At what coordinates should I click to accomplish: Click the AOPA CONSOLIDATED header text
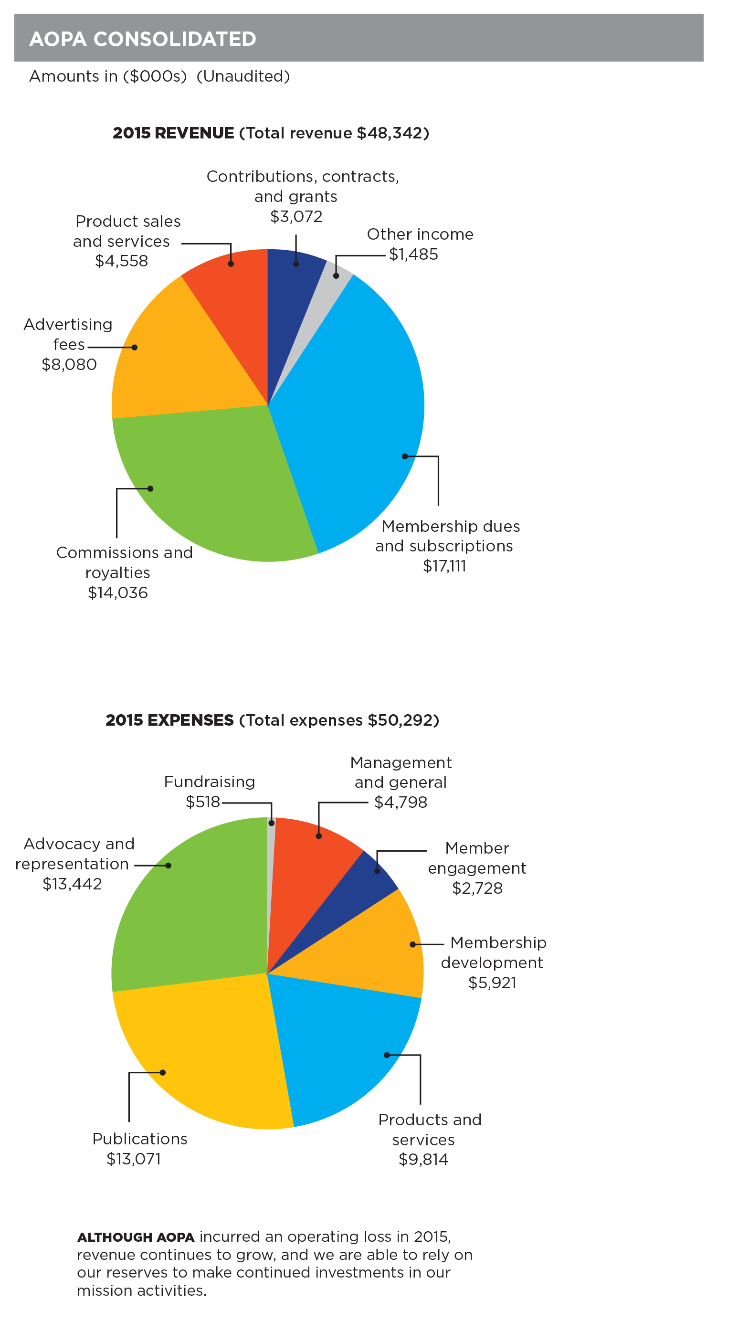(143, 39)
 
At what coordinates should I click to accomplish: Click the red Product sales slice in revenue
(232, 300)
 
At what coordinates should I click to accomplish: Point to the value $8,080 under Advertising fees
(69, 365)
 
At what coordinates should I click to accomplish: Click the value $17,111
(444, 566)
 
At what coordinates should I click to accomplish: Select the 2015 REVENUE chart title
(271, 133)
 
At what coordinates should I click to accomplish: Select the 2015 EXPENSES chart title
(272, 720)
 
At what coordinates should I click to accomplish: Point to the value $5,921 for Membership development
(492, 983)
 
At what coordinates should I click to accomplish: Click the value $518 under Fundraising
(202, 802)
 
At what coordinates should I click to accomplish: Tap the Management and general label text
(400, 772)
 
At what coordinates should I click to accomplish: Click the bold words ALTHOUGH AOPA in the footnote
(136, 1237)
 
